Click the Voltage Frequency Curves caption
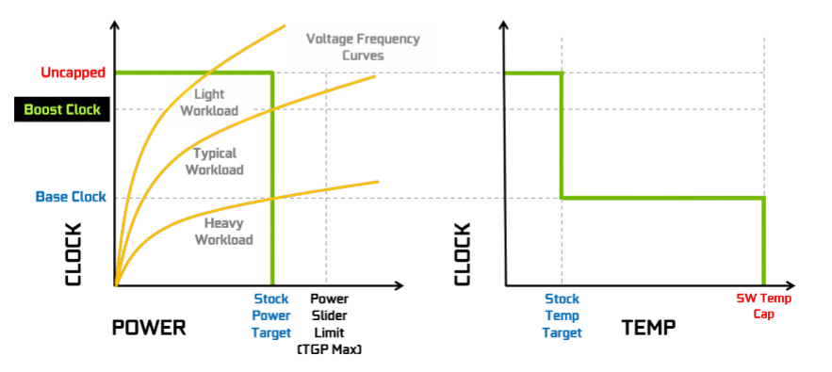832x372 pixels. [x=363, y=47]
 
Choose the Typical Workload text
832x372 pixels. [x=214, y=161]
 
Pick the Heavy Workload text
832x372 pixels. [x=223, y=232]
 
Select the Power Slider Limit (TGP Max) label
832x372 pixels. [x=329, y=323]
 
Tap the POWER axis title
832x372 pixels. [x=149, y=328]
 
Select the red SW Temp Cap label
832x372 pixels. [x=763, y=306]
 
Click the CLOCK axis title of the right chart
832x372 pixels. [x=463, y=254]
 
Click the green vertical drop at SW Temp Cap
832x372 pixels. [x=763, y=241]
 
